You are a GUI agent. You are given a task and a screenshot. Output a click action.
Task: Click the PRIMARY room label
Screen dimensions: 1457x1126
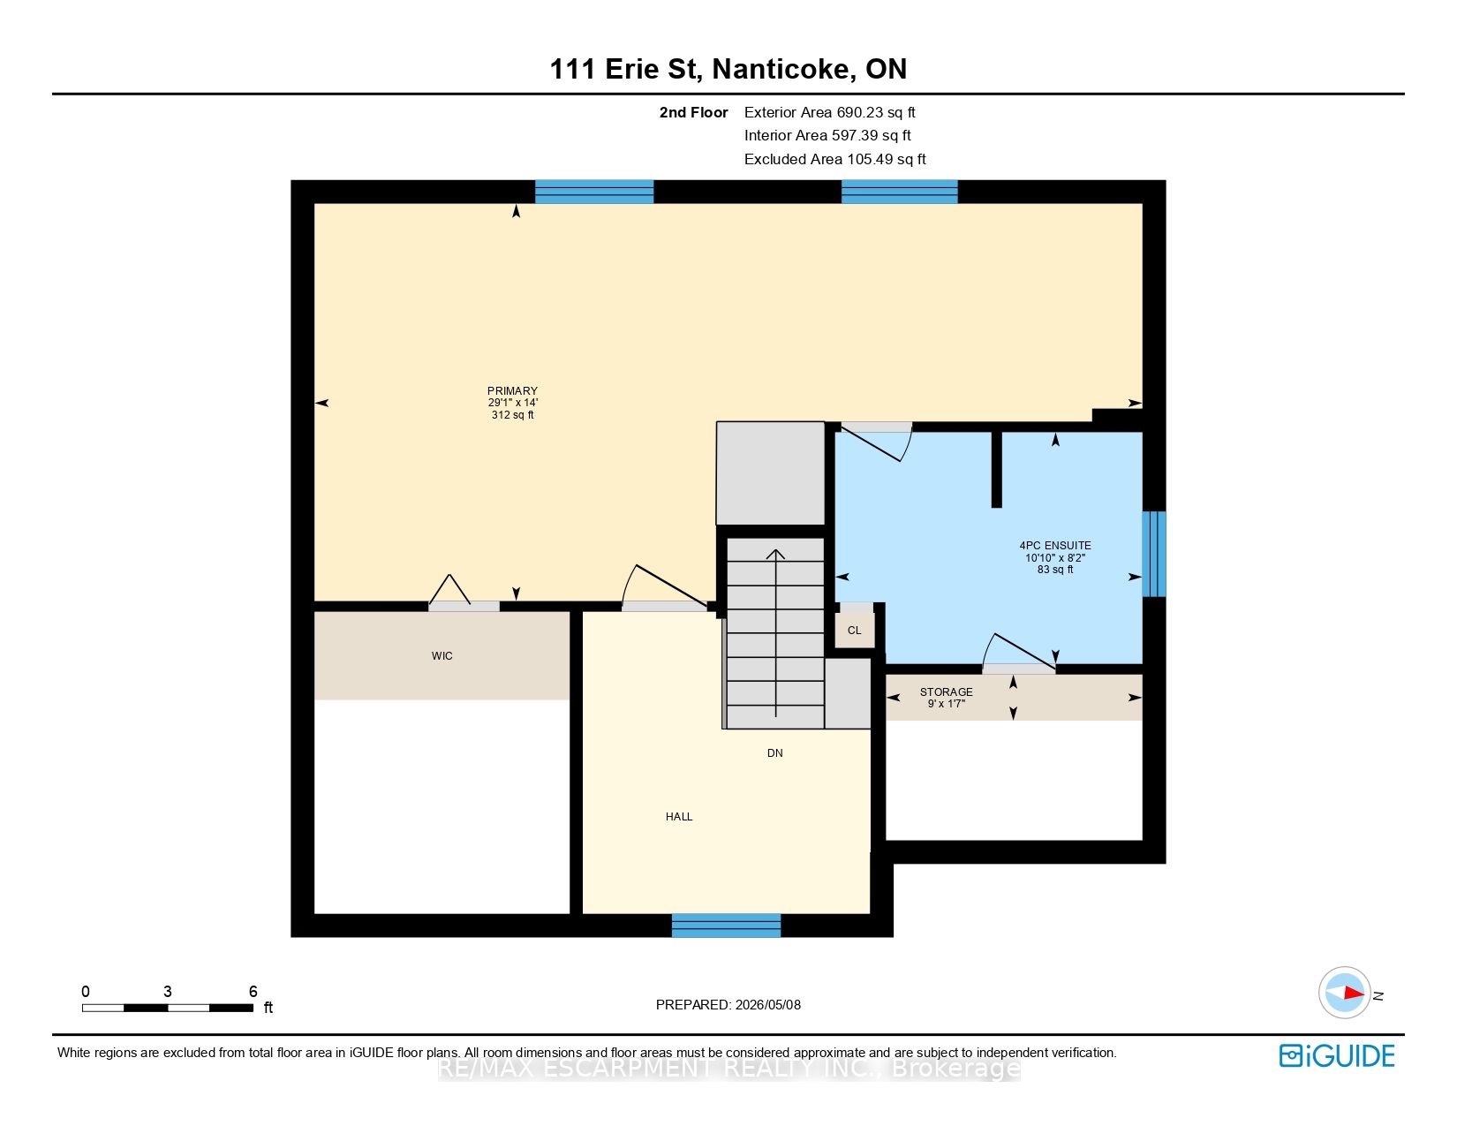(x=512, y=391)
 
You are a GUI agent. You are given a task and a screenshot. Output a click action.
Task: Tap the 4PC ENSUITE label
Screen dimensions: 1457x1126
(x=1054, y=546)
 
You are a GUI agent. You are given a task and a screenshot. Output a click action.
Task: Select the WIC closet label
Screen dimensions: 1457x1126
(x=442, y=656)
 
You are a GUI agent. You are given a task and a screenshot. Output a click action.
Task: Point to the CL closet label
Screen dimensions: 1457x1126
(x=854, y=631)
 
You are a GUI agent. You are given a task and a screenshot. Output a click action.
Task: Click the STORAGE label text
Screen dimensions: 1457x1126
(x=946, y=692)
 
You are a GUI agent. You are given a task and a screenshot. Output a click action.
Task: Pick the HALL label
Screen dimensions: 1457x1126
(x=678, y=817)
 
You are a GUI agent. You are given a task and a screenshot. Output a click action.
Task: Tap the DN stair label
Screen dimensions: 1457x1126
(x=775, y=753)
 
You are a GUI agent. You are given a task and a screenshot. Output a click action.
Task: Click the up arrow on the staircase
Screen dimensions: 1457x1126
(x=776, y=633)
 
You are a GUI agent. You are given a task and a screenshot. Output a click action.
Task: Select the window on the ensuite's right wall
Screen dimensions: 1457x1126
(x=1154, y=554)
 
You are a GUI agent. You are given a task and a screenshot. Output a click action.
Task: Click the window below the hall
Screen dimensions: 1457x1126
(x=726, y=926)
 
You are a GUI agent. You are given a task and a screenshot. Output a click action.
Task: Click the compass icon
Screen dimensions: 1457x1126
(x=1344, y=993)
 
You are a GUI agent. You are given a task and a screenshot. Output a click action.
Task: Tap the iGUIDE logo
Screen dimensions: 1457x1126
(x=1337, y=1056)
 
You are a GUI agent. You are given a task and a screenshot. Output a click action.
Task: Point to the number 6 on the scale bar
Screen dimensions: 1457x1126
(x=253, y=992)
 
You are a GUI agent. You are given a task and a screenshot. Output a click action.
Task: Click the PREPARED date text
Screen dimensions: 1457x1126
(x=728, y=1005)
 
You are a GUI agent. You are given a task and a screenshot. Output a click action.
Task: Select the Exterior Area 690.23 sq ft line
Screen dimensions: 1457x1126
(x=829, y=113)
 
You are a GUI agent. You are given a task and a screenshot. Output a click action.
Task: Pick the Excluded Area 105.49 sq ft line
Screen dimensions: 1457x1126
(x=834, y=160)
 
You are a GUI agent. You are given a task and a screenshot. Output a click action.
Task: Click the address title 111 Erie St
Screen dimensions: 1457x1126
(x=626, y=69)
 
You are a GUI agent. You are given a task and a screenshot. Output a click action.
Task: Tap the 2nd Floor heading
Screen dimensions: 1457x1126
(x=693, y=113)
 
